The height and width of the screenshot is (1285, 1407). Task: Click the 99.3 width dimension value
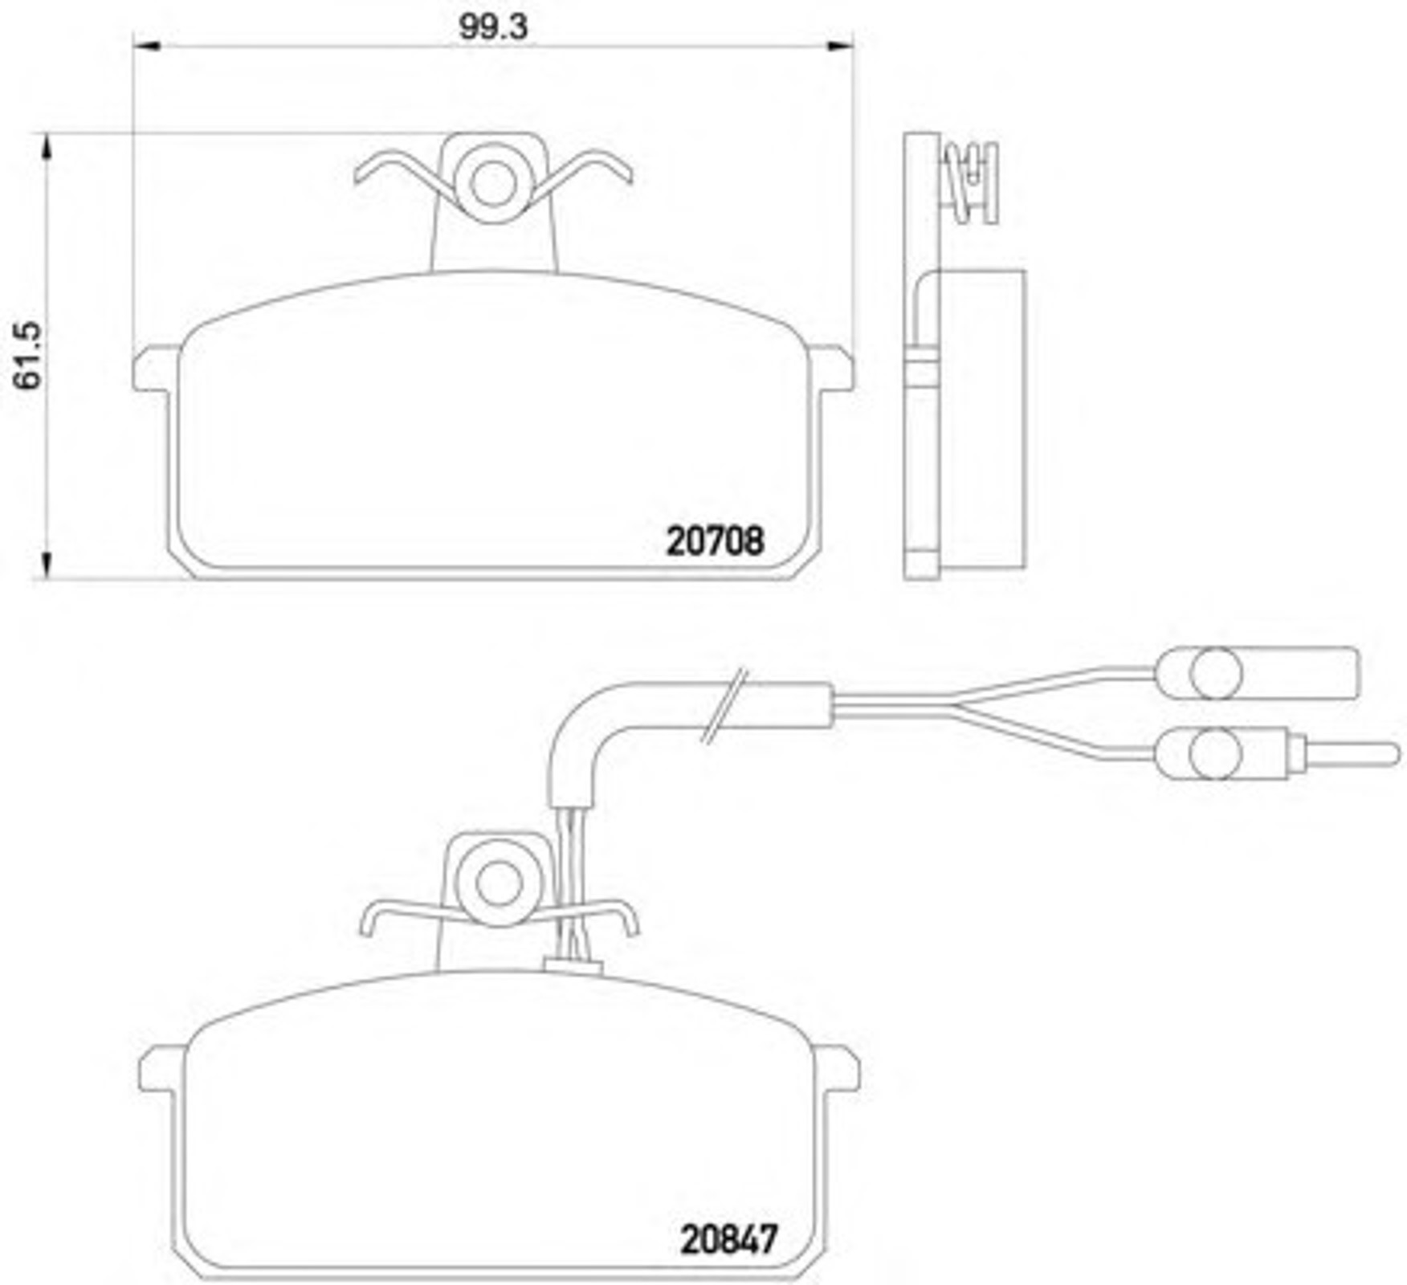492,27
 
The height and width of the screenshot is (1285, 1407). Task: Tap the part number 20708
715,541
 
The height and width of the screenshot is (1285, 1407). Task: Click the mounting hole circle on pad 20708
492,184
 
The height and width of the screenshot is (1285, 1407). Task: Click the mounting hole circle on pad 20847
499,883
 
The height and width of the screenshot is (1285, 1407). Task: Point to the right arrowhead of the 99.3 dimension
838,46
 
